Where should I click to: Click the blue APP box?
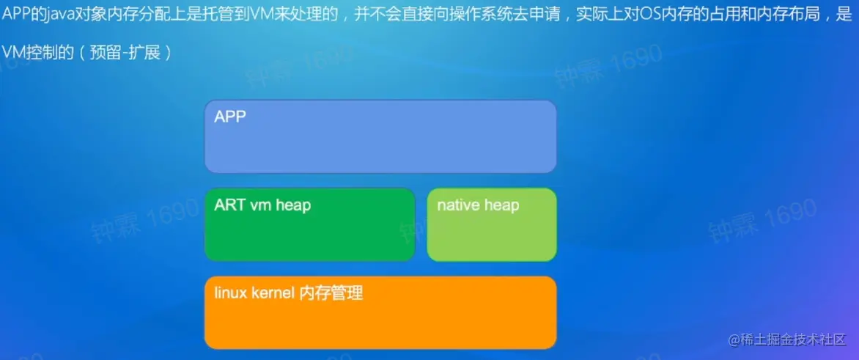pos(380,136)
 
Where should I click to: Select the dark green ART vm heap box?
pos(310,224)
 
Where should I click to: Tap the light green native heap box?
pos(492,224)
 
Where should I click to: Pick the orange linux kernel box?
pos(380,312)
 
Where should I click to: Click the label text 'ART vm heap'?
pos(262,205)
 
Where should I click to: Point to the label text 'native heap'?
pos(478,205)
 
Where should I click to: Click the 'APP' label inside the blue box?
pos(230,117)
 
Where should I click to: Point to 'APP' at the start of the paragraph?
pos(16,15)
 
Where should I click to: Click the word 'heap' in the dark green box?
pos(293,205)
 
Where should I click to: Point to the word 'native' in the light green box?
pos(457,205)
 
